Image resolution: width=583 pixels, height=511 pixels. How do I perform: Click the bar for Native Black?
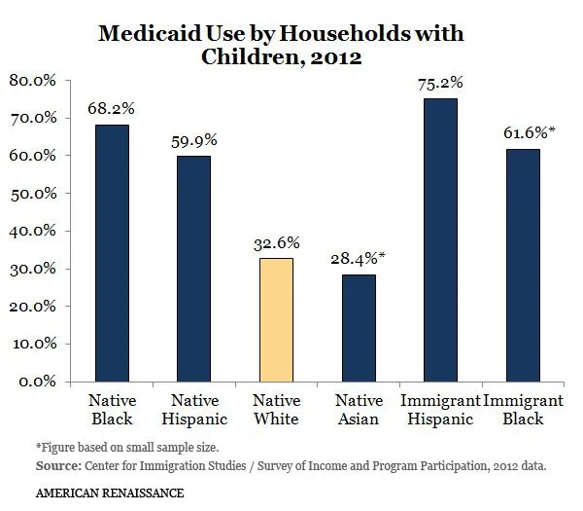click(x=112, y=253)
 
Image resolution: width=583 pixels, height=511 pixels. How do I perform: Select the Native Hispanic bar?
click(x=193, y=269)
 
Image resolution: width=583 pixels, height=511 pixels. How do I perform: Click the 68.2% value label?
click(x=112, y=108)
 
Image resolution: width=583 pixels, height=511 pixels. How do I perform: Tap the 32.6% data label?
click(x=276, y=241)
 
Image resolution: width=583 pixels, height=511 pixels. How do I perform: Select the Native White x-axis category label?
click(x=276, y=410)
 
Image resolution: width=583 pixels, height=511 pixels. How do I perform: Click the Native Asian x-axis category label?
click(x=359, y=410)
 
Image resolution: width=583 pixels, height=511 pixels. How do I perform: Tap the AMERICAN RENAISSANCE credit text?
click(x=96, y=494)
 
